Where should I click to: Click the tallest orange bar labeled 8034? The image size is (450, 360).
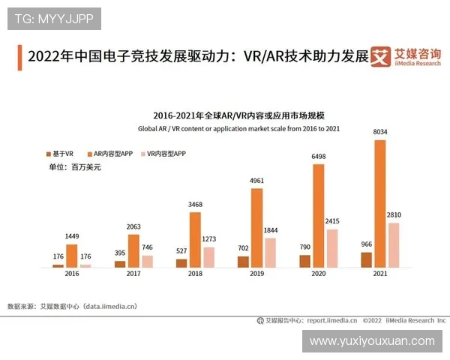click(379, 203)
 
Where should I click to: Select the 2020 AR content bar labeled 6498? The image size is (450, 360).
click(318, 215)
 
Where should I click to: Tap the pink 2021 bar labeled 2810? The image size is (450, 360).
click(394, 244)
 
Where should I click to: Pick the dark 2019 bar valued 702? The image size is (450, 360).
click(243, 261)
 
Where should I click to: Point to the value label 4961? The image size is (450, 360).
click(257, 181)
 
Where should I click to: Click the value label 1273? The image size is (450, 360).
click(210, 240)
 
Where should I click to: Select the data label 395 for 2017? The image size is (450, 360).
click(119, 253)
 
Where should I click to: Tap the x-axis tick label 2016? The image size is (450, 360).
click(72, 275)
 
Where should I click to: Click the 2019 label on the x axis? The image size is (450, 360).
click(256, 275)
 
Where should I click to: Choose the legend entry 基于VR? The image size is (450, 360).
click(60, 153)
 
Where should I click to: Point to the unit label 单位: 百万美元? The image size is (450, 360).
click(74, 166)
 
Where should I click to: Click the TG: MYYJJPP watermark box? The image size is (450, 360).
click(54, 19)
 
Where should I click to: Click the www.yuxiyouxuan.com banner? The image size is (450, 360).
click(372, 341)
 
